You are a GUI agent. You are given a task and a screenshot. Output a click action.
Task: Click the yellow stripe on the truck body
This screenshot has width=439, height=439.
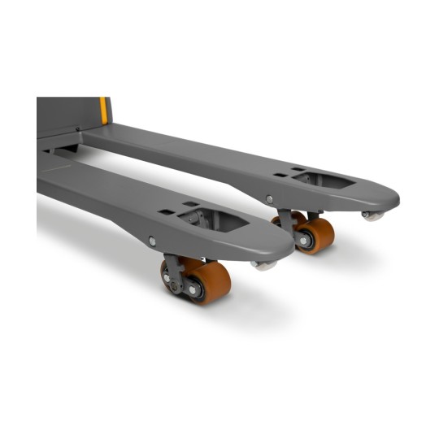coord(104,111)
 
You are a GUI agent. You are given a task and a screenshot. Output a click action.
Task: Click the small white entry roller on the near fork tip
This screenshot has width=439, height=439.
coord(263,264)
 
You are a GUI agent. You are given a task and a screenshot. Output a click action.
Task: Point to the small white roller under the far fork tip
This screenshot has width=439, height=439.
coord(373,215)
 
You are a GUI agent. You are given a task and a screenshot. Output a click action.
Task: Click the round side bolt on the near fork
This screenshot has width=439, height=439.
coord(152,241)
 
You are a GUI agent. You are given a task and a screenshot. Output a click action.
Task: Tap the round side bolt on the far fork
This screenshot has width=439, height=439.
coord(269,198)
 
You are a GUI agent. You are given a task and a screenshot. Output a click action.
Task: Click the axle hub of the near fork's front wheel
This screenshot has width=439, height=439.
coord(194,289)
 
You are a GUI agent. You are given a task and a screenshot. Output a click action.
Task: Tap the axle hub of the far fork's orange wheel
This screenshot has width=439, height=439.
coord(304,241)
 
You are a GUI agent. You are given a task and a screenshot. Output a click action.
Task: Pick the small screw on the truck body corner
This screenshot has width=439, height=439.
coord(78,128)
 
